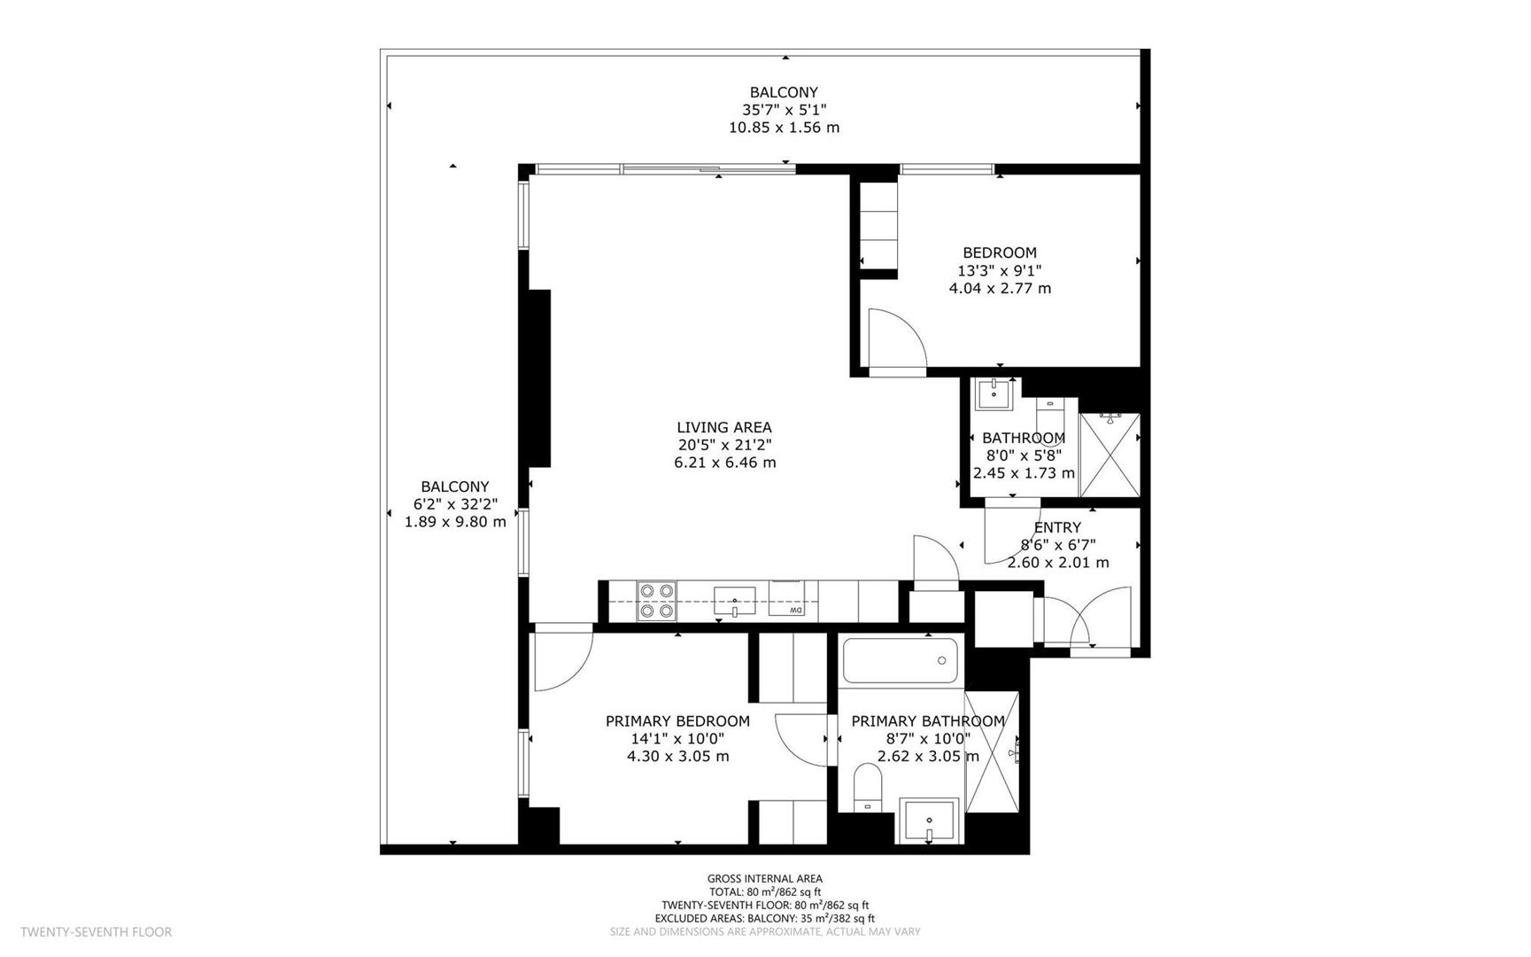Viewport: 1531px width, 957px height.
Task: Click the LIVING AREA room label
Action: click(x=723, y=427)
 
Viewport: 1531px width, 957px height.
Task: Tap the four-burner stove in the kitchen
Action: click(x=656, y=601)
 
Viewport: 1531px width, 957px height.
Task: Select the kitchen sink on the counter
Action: click(x=734, y=601)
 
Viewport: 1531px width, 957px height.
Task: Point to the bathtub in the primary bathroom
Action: click(x=901, y=660)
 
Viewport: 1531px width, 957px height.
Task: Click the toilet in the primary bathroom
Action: click(x=867, y=787)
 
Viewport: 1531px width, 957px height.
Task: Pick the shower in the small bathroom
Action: click(x=1109, y=455)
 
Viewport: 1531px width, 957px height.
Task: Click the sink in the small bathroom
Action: click(x=995, y=393)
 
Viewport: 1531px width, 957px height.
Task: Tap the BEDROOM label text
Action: click(x=999, y=253)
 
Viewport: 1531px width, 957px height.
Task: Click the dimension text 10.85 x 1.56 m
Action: click(x=784, y=128)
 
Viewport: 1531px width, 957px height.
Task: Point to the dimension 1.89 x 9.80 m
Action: click(x=455, y=522)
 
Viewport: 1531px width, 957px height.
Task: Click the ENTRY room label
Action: click(x=1057, y=527)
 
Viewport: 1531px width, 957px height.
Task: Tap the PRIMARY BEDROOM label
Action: click(x=677, y=721)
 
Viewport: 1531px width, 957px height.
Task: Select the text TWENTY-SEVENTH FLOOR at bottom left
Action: click(x=97, y=931)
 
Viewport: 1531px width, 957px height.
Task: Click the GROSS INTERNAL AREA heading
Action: click(x=764, y=879)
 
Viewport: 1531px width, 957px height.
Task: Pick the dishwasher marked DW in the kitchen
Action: click(x=787, y=599)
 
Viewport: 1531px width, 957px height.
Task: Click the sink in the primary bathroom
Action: click(x=929, y=821)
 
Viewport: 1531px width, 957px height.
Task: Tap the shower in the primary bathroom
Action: click(x=992, y=752)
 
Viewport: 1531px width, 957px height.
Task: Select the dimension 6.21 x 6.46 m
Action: click(x=724, y=463)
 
